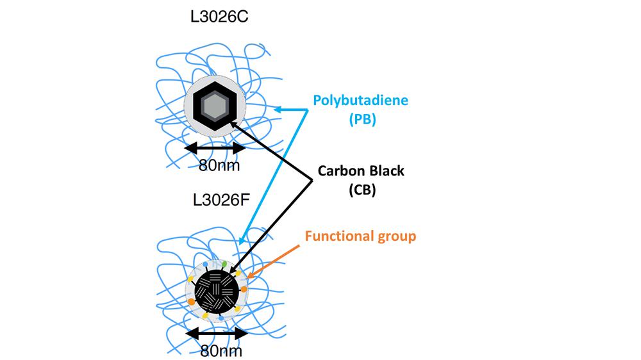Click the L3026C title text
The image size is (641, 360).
(219, 17)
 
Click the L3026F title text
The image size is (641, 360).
(221, 200)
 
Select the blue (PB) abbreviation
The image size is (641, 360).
(362, 119)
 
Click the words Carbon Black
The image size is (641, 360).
(361, 171)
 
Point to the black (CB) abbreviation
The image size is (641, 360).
(362, 190)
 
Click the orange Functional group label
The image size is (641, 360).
(360, 236)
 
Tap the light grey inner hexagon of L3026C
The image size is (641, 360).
(215, 106)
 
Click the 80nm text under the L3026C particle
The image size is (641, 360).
(219, 165)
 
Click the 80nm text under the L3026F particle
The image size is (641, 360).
(221, 350)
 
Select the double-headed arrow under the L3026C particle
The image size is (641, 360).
(215, 148)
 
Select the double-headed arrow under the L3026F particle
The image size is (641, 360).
(217, 334)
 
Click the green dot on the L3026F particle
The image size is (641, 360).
(224, 264)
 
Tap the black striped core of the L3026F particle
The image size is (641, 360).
(216, 291)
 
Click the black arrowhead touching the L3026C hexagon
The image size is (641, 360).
(233, 124)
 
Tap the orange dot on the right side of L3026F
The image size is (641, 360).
(244, 290)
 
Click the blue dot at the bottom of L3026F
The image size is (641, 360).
(221, 318)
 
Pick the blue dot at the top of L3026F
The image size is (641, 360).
(205, 265)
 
